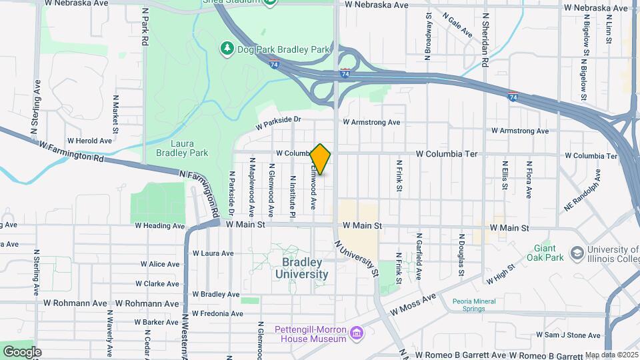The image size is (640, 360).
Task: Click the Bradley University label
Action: [301, 269]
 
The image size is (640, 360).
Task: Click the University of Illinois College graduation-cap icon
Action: [576, 255]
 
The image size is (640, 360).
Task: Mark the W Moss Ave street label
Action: [413, 303]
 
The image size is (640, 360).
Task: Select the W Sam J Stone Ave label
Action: [568, 335]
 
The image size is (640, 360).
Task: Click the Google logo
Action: [22, 351]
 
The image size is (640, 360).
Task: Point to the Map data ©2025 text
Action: [611, 355]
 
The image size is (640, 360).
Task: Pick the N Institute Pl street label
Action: [292, 196]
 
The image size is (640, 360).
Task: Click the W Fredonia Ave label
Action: [217, 313]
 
